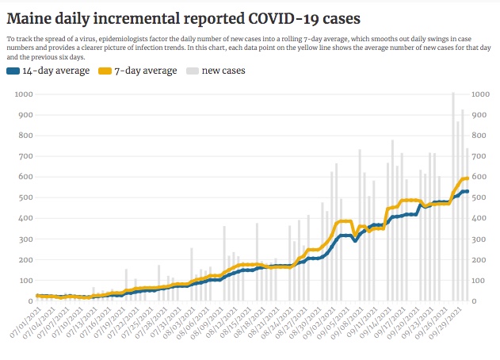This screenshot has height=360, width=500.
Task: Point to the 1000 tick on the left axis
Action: (23, 94)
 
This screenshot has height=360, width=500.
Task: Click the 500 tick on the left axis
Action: (25, 197)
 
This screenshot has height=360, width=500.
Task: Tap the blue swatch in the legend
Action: (12, 71)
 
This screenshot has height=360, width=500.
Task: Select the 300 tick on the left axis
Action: (25, 239)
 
